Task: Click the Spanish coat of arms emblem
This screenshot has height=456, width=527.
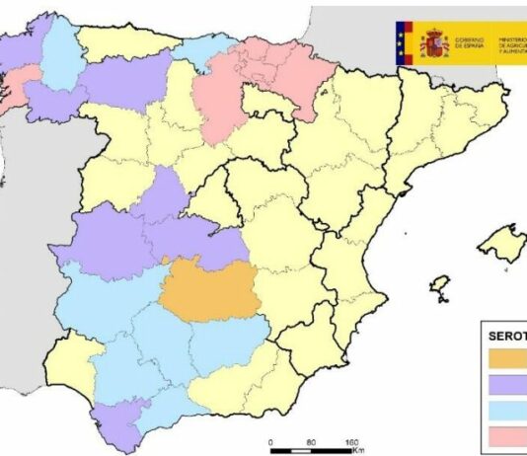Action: tap(434, 43)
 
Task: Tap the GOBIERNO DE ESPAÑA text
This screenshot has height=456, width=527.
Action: tap(481, 43)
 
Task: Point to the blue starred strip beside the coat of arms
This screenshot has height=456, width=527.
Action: tap(403, 43)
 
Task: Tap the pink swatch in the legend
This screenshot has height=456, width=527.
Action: tap(509, 437)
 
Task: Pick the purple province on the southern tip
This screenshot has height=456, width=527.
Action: tap(116, 424)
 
